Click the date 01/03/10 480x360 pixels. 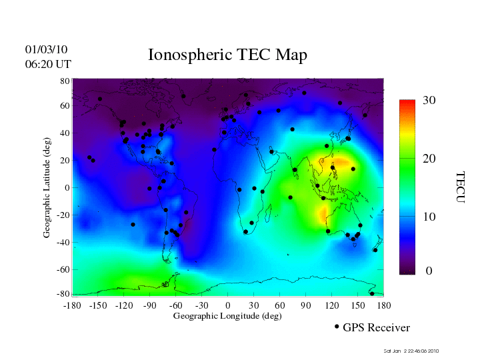(x=47, y=50)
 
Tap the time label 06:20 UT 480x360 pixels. (x=48, y=64)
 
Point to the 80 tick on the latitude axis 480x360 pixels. (x=65, y=81)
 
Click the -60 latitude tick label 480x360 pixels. (x=63, y=270)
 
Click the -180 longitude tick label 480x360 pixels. (x=72, y=305)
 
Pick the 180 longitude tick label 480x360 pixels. (x=384, y=305)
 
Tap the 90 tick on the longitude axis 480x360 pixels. (x=306, y=305)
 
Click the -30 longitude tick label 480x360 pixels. (x=201, y=305)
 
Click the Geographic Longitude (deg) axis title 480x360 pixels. (x=227, y=316)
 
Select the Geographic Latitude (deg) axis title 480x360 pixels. (x=47, y=193)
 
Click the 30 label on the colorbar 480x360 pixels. (x=429, y=101)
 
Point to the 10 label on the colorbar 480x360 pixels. (x=429, y=217)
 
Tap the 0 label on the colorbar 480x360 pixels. (x=429, y=272)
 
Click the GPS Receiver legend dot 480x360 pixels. (x=337, y=327)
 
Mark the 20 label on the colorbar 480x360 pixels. (x=429, y=160)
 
